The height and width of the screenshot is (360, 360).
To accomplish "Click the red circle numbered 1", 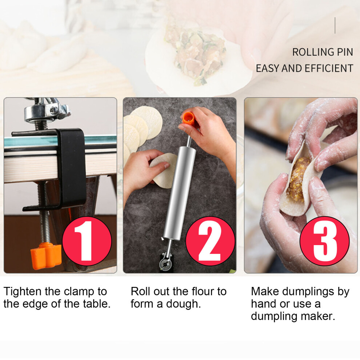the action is tap(87, 241).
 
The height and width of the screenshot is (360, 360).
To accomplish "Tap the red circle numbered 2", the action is tap(210, 241).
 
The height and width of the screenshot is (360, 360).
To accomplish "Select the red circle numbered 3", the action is tap(325, 241).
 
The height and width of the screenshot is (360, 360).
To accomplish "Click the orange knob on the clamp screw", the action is tap(46, 255).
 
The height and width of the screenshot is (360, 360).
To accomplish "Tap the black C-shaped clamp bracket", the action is tap(57, 168).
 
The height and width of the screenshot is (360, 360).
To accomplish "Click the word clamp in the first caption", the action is tap(79, 292).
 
